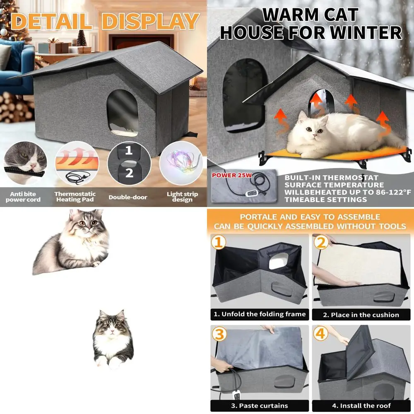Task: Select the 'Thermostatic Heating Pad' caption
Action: click(75, 197)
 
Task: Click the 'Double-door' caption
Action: click(128, 197)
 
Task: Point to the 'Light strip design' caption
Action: click(182, 197)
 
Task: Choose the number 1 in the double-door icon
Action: click(129, 150)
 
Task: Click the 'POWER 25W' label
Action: click(230, 175)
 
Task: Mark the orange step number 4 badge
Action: click(320, 334)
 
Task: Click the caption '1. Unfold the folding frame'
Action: click(260, 314)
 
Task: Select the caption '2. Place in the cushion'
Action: click(361, 315)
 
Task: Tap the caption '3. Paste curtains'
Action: click(260, 405)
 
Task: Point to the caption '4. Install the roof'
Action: click(361, 405)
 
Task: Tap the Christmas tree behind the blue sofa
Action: click(14, 19)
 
